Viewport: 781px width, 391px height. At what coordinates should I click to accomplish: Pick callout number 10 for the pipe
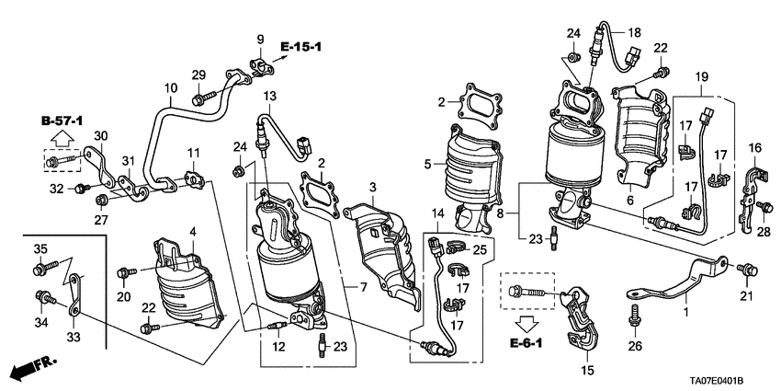(171, 88)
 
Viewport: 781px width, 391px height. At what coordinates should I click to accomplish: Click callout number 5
(427, 165)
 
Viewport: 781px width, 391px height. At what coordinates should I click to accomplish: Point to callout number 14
(438, 213)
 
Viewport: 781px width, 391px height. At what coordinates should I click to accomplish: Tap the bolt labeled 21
(750, 269)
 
